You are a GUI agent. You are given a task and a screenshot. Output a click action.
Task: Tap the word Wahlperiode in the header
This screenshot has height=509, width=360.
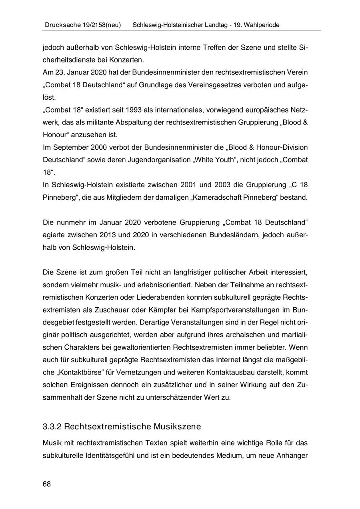pos(262,25)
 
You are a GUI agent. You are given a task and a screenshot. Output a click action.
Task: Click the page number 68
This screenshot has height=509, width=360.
pos(47,484)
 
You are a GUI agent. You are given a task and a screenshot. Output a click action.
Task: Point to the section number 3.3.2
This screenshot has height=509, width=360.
pos(52,426)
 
